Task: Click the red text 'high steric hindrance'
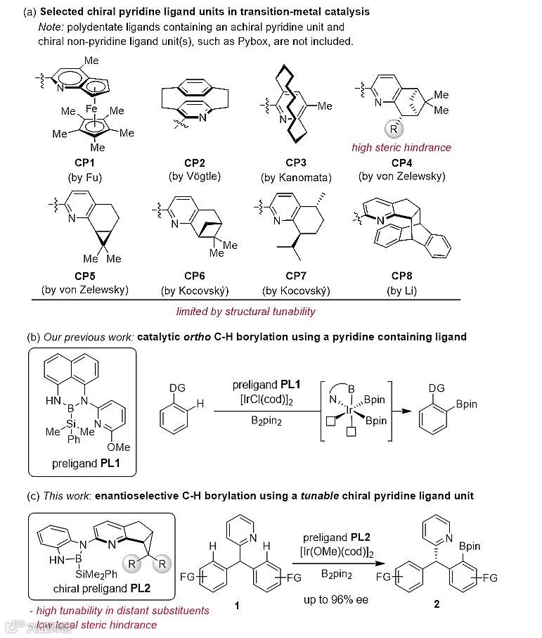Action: pyautogui.click(x=401, y=147)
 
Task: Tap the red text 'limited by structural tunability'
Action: pyautogui.click(x=245, y=311)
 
